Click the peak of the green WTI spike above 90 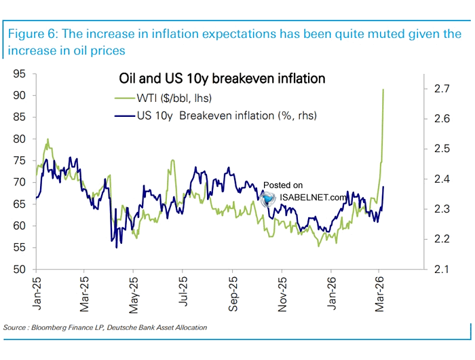click(384, 90)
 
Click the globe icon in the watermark click(269, 198)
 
